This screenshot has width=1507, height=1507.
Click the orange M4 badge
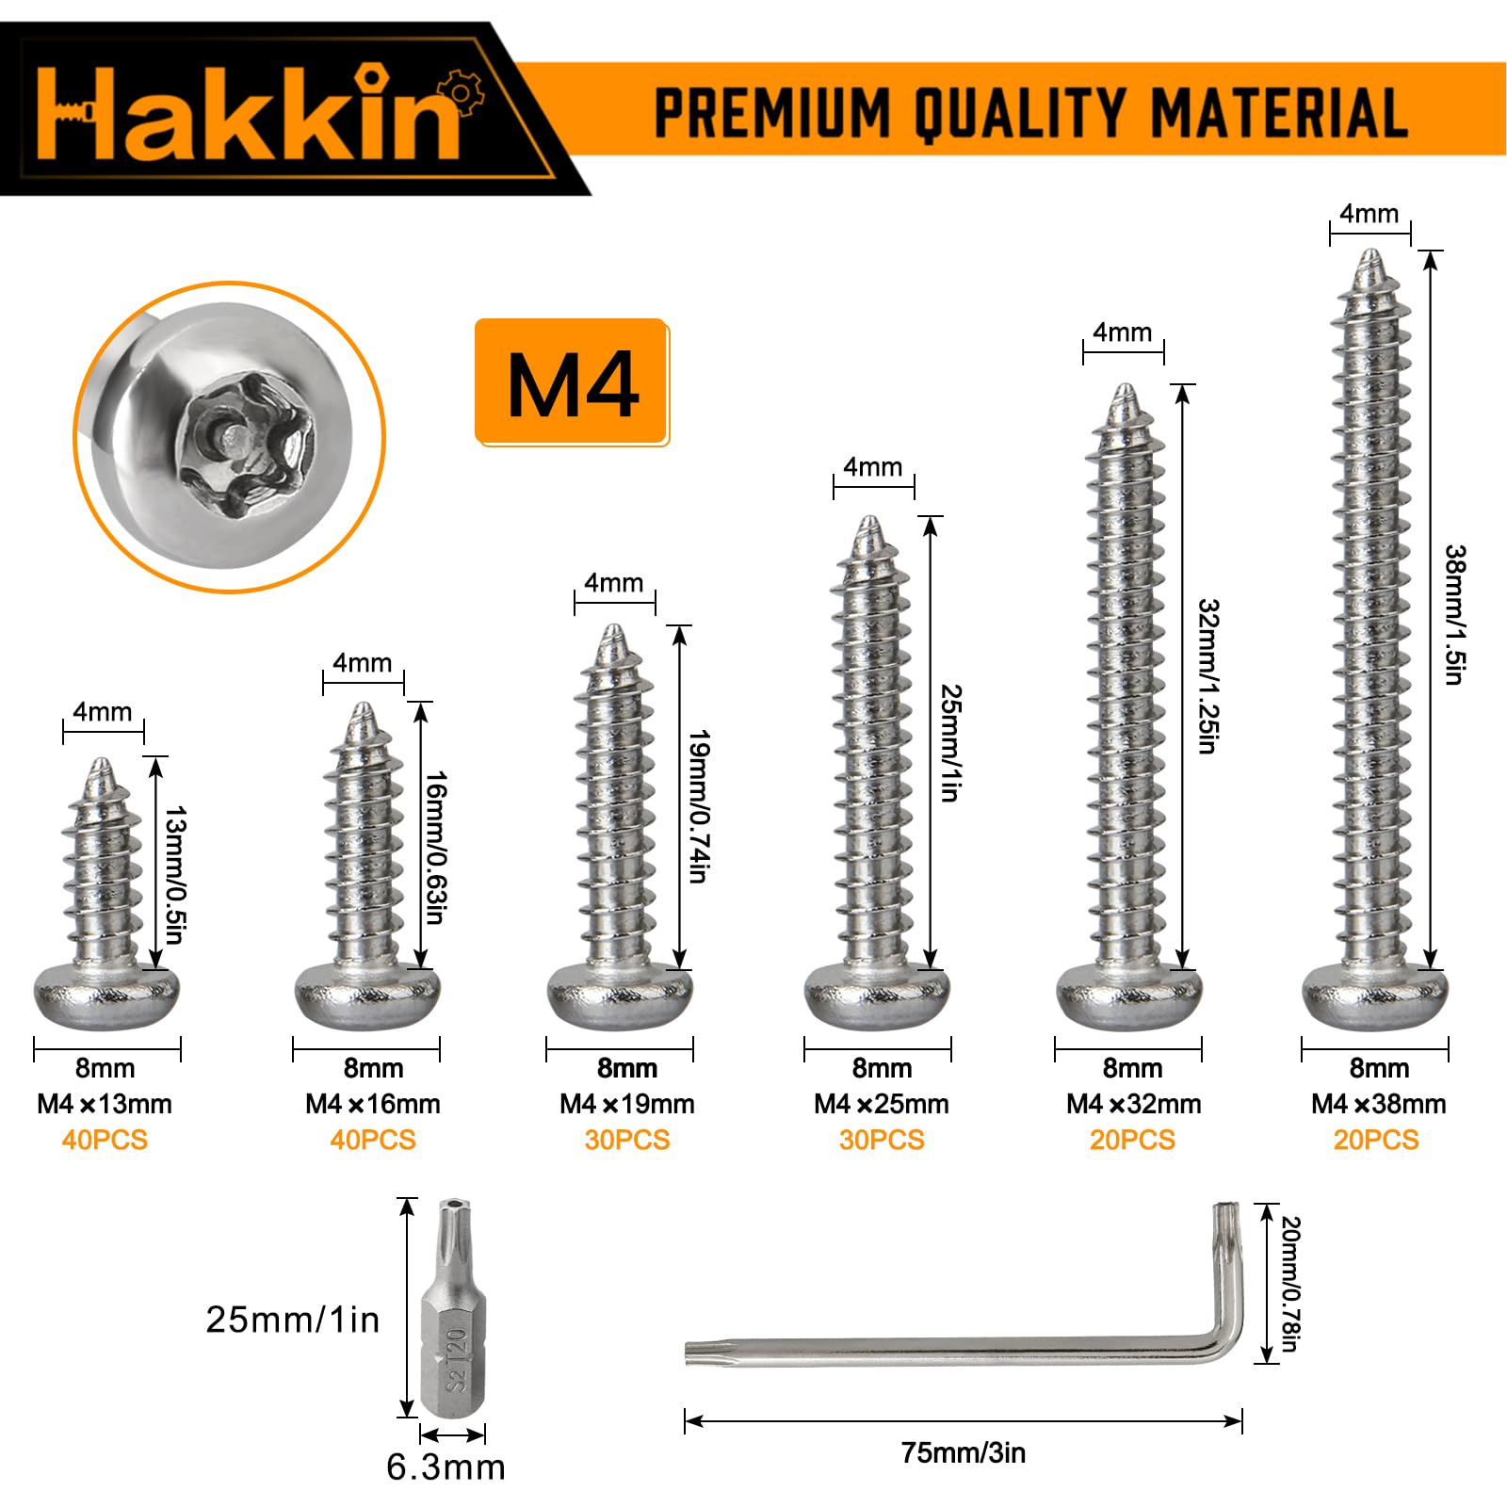572,381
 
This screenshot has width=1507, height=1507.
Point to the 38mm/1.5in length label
1455,614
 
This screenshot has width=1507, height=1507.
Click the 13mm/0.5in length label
175,875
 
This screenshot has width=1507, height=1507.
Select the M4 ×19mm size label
627,1104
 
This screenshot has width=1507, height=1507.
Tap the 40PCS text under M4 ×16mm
373,1140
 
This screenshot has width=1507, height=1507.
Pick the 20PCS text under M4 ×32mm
1132,1140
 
